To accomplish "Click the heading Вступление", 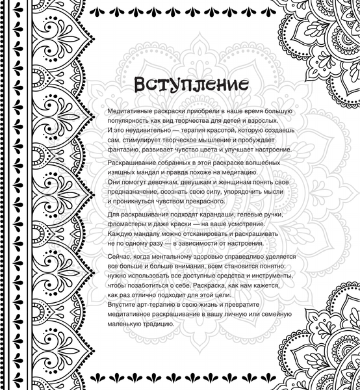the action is pyautogui.click(x=181, y=84).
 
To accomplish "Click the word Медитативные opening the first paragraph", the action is pyautogui.click(x=132, y=112).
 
